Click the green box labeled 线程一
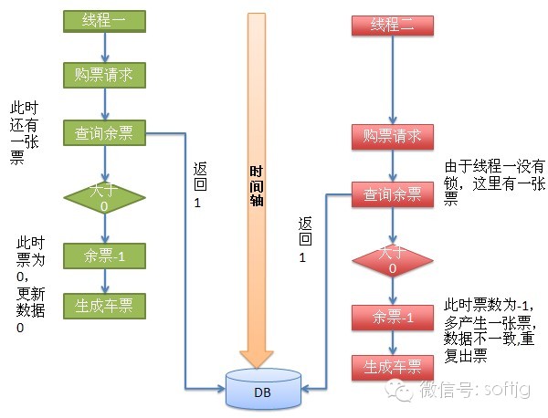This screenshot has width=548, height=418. click(104, 19)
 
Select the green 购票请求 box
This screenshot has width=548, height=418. click(104, 75)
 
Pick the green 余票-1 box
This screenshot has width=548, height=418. click(104, 255)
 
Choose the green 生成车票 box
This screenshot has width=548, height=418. click(104, 307)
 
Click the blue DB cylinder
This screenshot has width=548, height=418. click(264, 391)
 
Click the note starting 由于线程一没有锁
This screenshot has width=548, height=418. click(494, 183)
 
